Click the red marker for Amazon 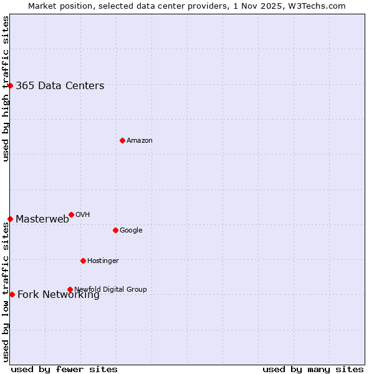122,140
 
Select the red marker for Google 115,230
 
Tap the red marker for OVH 71,214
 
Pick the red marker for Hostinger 83,261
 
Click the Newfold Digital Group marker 70,289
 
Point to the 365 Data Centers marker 11,85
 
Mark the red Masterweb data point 11,219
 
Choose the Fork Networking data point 12,294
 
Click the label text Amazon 140,140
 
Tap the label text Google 131,230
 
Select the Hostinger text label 103,261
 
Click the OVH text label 82,214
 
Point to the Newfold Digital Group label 110,289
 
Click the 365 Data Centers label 60,86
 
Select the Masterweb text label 42,219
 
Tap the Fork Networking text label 59,295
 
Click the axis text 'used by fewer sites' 64,369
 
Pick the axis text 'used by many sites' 313,369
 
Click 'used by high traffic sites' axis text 6,89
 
